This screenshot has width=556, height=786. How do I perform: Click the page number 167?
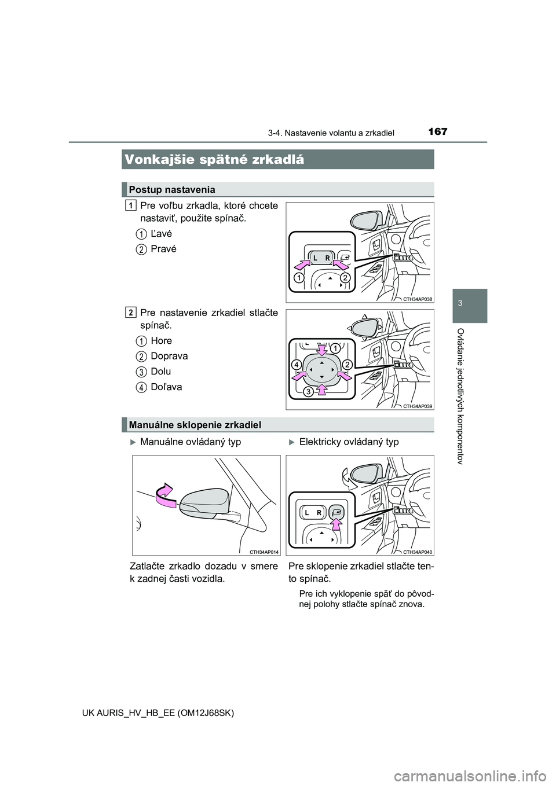[437, 131]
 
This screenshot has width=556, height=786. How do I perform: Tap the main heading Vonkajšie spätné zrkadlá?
[214, 160]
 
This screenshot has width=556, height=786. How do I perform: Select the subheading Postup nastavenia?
[172, 190]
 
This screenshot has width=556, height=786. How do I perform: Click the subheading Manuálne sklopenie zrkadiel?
[195, 425]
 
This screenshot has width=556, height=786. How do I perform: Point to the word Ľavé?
[161, 234]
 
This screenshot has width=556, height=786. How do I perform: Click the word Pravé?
[163, 249]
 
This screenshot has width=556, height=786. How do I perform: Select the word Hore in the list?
[161, 341]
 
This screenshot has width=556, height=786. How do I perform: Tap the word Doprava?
[169, 356]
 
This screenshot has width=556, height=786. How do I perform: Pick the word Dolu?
[160, 372]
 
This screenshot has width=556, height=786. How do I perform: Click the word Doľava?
[166, 387]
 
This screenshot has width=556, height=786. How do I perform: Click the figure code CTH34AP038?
[418, 299]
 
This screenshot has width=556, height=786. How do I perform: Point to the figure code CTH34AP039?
[418, 406]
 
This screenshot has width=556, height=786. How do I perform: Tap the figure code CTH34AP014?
[264, 552]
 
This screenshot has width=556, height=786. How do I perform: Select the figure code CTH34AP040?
[418, 552]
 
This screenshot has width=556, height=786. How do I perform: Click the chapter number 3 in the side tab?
[470, 304]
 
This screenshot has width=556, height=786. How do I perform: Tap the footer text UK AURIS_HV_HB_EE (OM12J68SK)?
[180, 713]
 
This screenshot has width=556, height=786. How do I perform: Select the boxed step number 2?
[131, 313]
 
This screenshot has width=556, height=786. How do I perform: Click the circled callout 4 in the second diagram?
[296, 365]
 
